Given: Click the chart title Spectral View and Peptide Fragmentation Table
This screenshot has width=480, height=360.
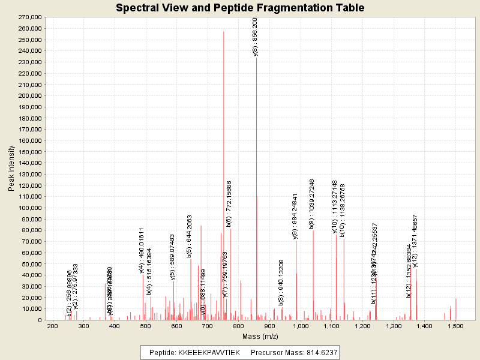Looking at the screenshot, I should pos(240,8).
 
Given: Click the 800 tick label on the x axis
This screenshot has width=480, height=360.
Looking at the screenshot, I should pos(238,326).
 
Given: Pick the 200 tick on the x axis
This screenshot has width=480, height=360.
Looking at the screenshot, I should pos(52,326).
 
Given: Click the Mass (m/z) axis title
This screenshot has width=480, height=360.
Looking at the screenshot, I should pos(260,337).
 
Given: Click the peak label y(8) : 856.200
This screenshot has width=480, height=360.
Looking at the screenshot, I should pos(256,37).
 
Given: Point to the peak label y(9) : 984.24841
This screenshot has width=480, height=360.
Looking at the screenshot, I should pos(295,217).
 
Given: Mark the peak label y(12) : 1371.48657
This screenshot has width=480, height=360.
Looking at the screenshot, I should pos(415,241).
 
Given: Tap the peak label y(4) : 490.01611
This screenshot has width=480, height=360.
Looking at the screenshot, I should pos(142,251).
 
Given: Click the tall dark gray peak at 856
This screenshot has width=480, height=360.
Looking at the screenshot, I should pos(256,180).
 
